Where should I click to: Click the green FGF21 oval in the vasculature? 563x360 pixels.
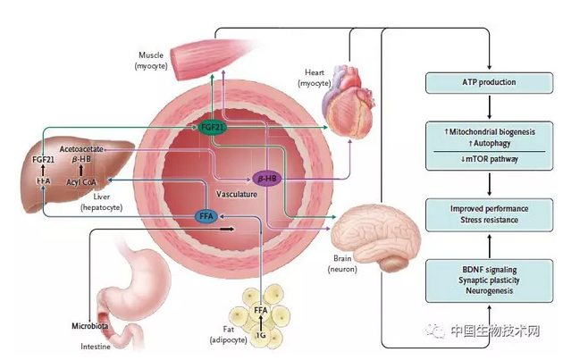[x=212, y=128]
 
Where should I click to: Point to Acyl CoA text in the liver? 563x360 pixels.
[x=82, y=182]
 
